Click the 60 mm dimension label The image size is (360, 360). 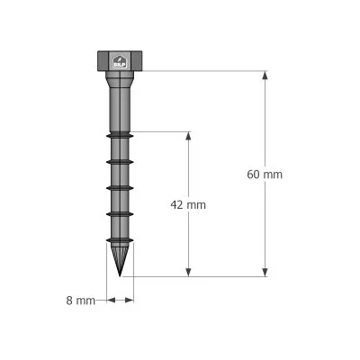coord(264,175)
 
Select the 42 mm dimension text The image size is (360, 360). coord(188,204)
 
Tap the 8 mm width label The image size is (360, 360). coord(80,301)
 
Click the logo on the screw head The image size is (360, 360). coord(120,61)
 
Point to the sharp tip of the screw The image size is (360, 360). coord(120,275)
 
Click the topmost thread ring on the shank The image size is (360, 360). coord(120,134)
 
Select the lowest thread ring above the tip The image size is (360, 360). coord(120,240)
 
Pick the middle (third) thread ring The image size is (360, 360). coord(120,187)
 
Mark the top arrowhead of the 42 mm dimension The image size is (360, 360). coord(188,137)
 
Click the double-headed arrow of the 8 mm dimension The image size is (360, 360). coord(120,301)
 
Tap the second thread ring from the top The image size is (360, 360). coord(120,161)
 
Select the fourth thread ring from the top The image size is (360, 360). coord(120,214)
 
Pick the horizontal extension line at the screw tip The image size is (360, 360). coord(198,276)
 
